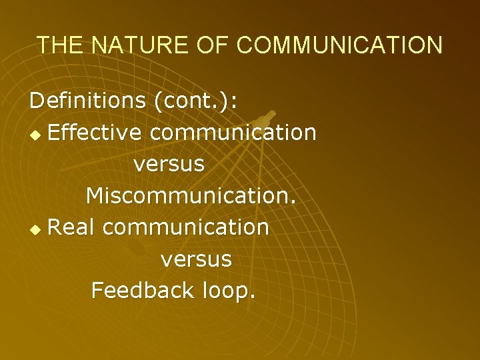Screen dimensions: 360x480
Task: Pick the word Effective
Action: point(95,133)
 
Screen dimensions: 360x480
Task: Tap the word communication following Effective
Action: point(233,133)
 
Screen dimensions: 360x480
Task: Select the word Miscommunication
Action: point(190,195)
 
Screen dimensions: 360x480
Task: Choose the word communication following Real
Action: point(186,227)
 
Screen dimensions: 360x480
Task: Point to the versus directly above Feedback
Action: point(196,259)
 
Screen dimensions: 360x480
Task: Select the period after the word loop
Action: point(251,297)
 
